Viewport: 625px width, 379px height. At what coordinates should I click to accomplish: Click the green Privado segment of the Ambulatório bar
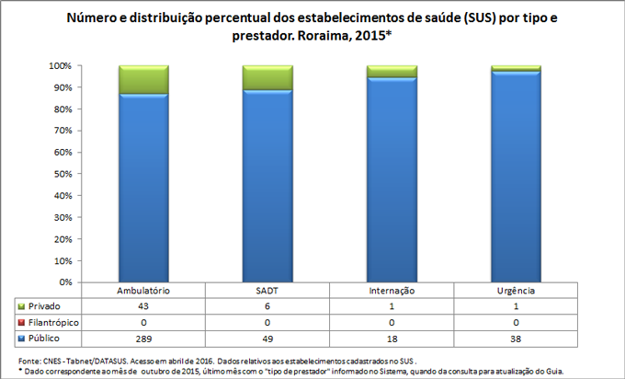click(143, 80)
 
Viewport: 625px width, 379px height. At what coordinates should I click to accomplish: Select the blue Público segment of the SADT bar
click(267, 184)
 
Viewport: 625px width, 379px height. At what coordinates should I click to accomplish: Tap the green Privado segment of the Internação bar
click(392, 72)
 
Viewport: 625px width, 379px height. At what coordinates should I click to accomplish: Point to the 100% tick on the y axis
click(60, 66)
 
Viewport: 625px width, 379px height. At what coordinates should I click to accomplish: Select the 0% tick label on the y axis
click(65, 282)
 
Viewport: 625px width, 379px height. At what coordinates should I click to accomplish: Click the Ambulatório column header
click(143, 291)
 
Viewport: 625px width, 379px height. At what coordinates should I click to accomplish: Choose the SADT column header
click(267, 291)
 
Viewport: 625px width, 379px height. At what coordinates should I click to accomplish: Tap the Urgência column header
click(516, 291)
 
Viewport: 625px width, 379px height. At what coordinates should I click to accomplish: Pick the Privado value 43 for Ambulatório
click(143, 305)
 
